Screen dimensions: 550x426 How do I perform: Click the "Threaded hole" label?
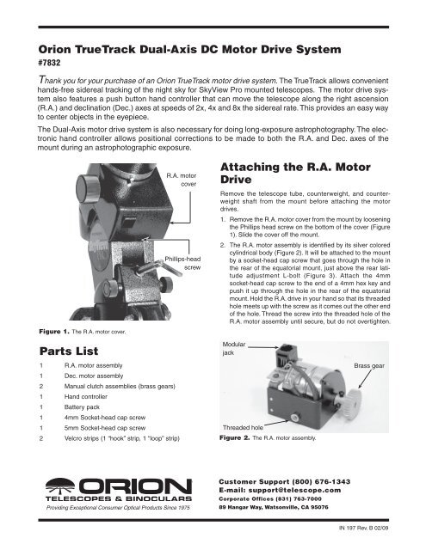click(x=244, y=426)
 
